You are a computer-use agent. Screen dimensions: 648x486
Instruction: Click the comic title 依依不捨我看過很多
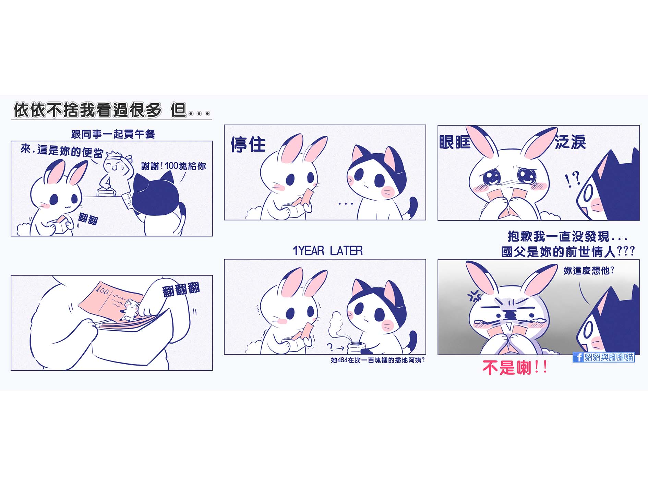click(x=87, y=110)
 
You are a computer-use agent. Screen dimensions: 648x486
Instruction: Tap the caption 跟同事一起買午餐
click(x=113, y=134)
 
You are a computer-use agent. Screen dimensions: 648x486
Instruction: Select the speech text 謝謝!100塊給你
click(x=173, y=166)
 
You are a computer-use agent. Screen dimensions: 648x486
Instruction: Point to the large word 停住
click(x=248, y=144)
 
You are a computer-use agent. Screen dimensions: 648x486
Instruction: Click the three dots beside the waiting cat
click(x=345, y=204)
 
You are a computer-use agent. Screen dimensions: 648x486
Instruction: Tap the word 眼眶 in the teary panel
click(x=455, y=142)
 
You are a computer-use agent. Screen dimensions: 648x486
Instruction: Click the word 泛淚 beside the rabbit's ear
click(x=570, y=142)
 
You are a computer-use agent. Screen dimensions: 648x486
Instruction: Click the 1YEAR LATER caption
click(x=327, y=251)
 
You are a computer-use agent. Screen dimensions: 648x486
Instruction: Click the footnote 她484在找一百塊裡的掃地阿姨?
click(x=377, y=360)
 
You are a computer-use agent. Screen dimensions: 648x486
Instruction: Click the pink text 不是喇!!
click(x=515, y=368)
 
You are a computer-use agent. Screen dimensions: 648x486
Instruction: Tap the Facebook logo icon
click(x=578, y=357)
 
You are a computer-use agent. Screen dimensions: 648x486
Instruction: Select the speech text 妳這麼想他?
click(x=589, y=271)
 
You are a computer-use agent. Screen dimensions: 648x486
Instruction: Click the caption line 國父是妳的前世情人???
click(x=568, y=252)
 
